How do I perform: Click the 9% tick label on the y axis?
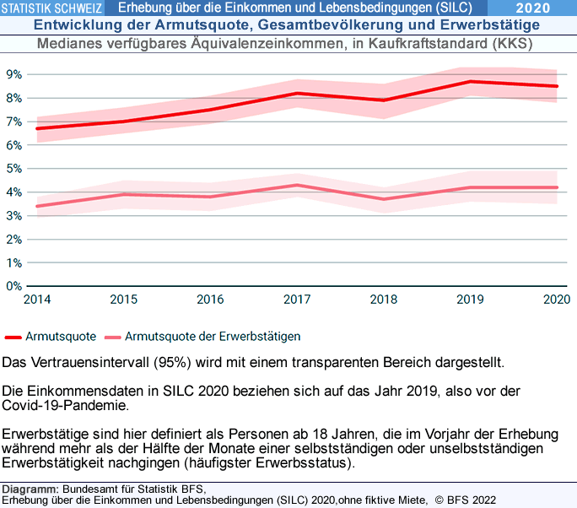tap(13, 74)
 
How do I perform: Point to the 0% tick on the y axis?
tap(13, 286)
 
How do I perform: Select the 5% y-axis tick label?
tap(13, 169)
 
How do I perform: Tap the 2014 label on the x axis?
tap(36, 299)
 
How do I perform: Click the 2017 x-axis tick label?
tap(296, 299)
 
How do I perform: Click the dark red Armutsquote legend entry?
tap(51, 336)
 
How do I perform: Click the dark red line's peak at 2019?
tap(470, 82)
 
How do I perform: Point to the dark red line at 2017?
tap(297, 94)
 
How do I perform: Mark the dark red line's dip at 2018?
tap(384, 100)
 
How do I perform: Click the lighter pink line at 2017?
tap(297, 185)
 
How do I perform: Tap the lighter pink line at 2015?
tap(124, 194)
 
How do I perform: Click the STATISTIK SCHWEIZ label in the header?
tap(53, 8)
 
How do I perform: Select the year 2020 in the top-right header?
tap(533, 8)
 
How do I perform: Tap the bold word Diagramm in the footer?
tap(30, 489)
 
